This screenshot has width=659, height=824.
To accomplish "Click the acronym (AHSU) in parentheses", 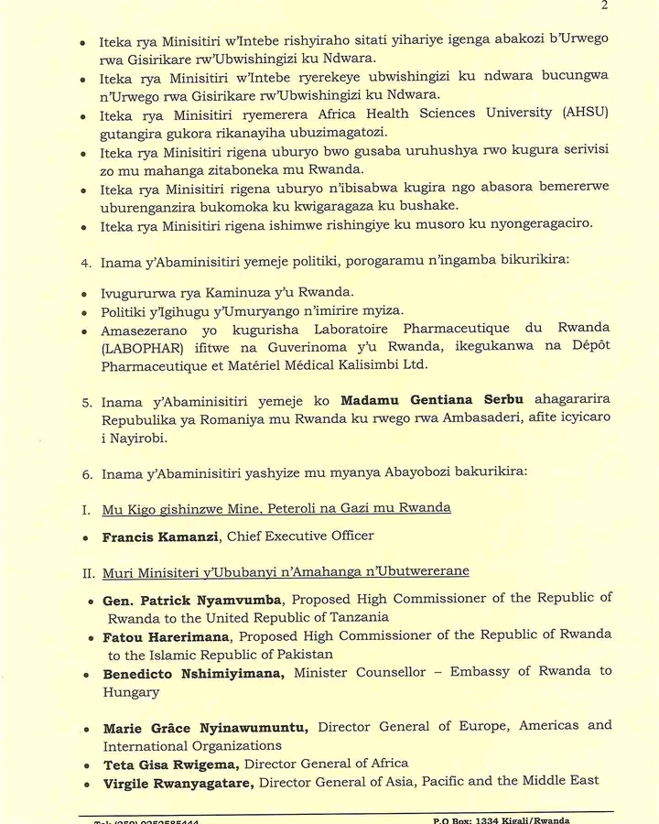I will coord(585,112).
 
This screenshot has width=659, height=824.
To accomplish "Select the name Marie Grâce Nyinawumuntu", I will coord(204,728).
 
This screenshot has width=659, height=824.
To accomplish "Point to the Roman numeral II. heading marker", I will coord(88,571).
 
